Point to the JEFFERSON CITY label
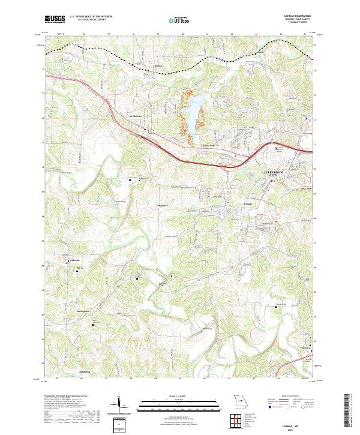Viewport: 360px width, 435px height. (277, 175)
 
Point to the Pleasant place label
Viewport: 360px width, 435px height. (161, 206)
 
